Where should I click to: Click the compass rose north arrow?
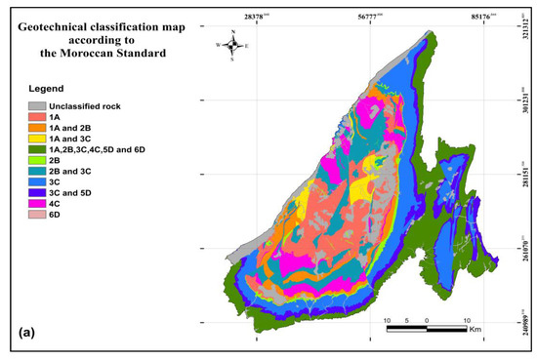[232, 45]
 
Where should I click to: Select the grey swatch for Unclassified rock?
[36, 104]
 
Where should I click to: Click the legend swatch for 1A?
[36, 115]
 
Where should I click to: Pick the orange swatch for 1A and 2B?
[36, 127]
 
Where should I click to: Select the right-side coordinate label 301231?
[524, 101]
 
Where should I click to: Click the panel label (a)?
[28, 332]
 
